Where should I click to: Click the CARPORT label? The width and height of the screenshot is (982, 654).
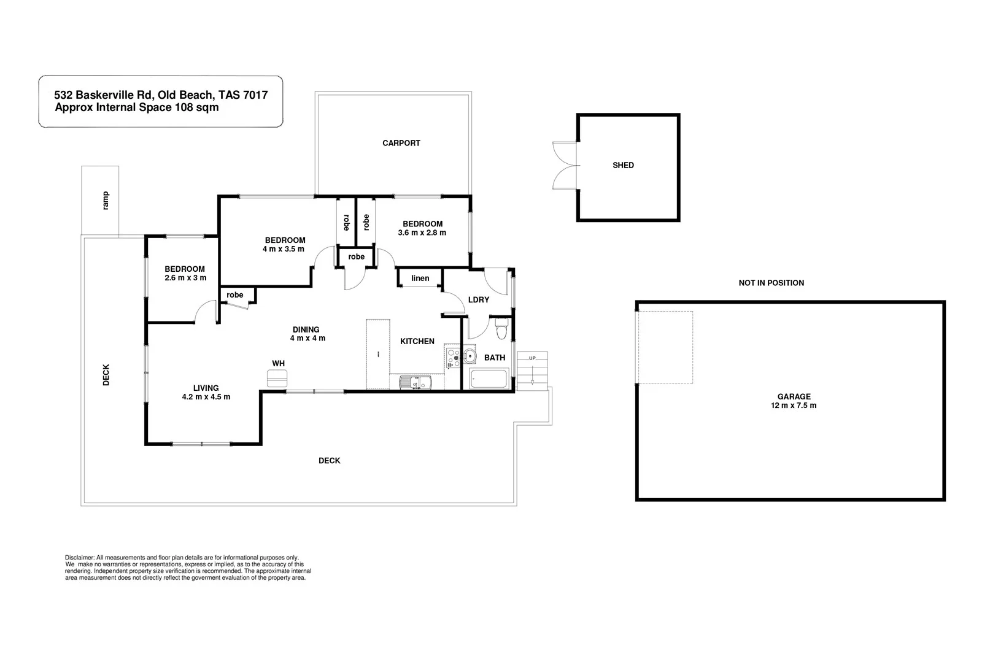[401, 143]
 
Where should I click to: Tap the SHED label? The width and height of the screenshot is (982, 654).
[623, 165]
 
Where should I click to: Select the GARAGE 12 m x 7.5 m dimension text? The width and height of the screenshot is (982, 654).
[794, 406]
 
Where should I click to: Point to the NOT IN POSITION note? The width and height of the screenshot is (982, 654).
[771, 283]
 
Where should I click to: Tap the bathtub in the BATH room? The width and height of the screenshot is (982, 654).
[489, 379]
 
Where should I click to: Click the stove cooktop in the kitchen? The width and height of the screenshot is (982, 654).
[453, 358]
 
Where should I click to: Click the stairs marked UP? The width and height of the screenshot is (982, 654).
[532, 371]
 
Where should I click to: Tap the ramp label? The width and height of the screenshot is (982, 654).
[106, 201]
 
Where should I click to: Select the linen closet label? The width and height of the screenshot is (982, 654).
[420, 279]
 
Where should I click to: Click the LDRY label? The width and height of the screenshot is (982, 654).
[479, 300]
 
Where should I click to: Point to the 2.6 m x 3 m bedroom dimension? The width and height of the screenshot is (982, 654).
[185, 278]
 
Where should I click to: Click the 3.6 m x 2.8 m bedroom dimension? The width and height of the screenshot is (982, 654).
[422, 233]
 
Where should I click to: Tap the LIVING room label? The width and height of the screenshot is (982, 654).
[206, 388]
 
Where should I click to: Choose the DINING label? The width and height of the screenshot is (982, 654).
[306, 330]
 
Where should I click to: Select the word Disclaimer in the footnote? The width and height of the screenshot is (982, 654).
[80, 558]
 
